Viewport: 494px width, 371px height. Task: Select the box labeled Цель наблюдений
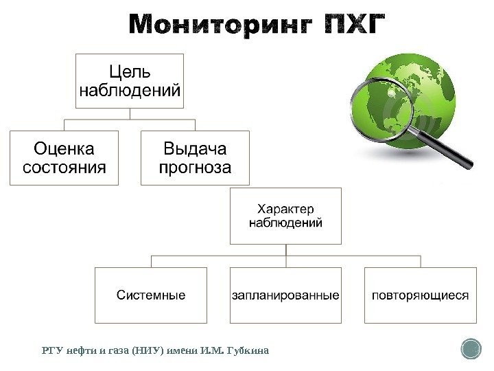click(x=130, y=80)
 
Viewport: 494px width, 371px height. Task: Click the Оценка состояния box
click(x=64, y=157)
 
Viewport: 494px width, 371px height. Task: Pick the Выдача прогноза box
click(x=196, y=157)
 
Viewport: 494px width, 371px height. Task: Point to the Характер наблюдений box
click(x=285, y=215)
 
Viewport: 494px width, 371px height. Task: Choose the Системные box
click(x=150, y=295)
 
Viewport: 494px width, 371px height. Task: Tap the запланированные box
click(x=285, y=295)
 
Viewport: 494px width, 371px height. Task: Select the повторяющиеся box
click(x=420, y=295)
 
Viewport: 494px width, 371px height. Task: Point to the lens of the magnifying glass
click(x=381, y=109)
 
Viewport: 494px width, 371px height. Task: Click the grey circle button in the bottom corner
click(x=471, y=349)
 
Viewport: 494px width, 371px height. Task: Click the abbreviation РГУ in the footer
click(x=51, y=351)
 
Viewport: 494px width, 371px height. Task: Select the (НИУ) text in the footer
click(x=151, y=351)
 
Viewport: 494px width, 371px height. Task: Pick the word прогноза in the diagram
click(x=196, y=167)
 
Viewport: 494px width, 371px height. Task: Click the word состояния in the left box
click(x=64, y=167)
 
